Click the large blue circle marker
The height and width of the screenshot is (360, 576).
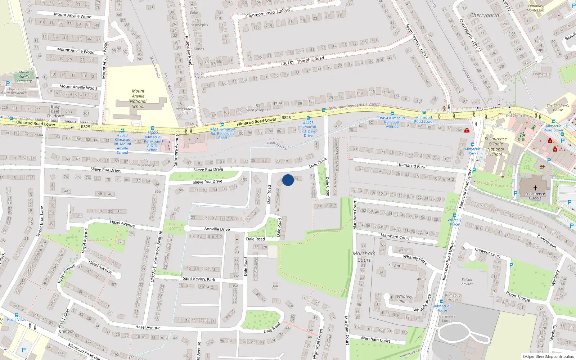pyautogui.click(x=288, y=180)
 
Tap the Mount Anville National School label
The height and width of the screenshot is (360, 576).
pyautogui.click(x=138, y=99)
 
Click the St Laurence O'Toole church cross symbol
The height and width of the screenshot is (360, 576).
pyautogui.click(x=535, y=188)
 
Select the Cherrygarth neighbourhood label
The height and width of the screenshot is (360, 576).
pyautogui.click(x=485, y=15)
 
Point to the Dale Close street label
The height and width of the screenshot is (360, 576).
pyautogui.click(x=327, y=186)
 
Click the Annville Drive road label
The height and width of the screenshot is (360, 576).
pyautogui.click(x=217, y=229)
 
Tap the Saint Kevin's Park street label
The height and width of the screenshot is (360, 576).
pyautogui.click(x=199, y=279)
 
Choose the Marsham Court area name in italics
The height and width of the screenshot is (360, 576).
pyautogui.click(x=364, y=256)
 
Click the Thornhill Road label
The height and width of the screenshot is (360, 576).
pyautogui.click(x=310, y=59)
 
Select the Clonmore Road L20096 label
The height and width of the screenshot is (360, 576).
pyautogui.click(x=268, y=13)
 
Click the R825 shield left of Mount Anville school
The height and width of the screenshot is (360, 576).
pyautogui.click(x=85, y=127)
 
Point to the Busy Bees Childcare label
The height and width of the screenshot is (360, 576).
pyautogui.click(x=55, y=111)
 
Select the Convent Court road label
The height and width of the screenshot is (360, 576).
pyautogui.click(x=487, y=252)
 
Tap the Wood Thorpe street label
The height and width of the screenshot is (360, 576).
pyautogui.click(x=518, y=296)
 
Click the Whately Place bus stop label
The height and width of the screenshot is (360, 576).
pyautogui.click(x=454, y=222)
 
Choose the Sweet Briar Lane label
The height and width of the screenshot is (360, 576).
pyautogui.click(x=40, y=221)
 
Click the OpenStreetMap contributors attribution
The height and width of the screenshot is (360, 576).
pyautogui.click(x=548, y=356)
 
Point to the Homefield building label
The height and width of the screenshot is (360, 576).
pyautogui.click(x=542, y=74)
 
